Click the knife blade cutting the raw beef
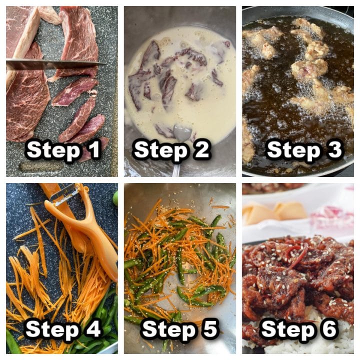(50, 64)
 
